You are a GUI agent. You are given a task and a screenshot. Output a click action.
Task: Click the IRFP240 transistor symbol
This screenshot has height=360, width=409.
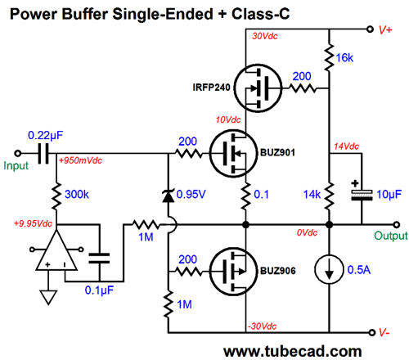click(x=258, y=88)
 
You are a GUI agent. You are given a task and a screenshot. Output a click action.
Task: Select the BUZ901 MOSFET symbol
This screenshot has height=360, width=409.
click(x=233, y=154)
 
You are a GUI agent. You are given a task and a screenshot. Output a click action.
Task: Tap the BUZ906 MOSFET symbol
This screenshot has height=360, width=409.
click(x=233, y=272)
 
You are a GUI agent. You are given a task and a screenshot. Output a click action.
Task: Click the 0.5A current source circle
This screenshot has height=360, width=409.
click(x=329, y=269)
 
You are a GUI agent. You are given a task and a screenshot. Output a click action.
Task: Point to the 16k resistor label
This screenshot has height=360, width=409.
click(x=344, y=58)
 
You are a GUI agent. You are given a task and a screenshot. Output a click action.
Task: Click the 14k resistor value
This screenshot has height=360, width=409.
click(x=312, y=195)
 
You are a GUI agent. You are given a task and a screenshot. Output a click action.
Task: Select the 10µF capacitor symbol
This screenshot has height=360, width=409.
click(x=362, y=195)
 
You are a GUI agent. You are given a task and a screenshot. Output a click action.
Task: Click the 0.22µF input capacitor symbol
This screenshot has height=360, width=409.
click(x=43, y=154)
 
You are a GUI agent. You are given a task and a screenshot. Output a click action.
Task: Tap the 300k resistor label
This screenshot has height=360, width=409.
click(x=77, y=195)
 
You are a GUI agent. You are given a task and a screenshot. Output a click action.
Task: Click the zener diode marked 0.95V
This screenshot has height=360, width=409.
click(x=169, y=196)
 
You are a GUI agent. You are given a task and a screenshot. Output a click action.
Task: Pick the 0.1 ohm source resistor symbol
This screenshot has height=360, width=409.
click(x=245, y=196)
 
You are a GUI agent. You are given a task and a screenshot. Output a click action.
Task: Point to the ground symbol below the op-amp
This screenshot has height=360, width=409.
click(x=48, y=297)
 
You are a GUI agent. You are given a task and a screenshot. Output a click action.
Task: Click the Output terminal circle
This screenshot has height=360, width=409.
click(x=397, y=225)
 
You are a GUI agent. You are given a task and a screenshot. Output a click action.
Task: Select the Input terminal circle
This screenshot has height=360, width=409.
click(x=18, y=154)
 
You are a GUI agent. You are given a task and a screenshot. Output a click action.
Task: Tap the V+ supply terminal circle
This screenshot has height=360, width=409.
click(x=370, y=29)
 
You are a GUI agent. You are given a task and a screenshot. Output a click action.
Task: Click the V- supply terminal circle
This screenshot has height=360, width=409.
click(x=371, y=332)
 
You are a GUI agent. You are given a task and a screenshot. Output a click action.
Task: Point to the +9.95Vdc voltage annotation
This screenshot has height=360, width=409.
click(x=33, y=223)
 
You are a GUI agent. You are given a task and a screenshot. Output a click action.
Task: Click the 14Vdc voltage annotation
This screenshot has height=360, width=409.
click(x=347, y=146)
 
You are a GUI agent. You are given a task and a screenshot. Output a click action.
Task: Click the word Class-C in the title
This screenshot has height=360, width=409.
click(x=261, y=14)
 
